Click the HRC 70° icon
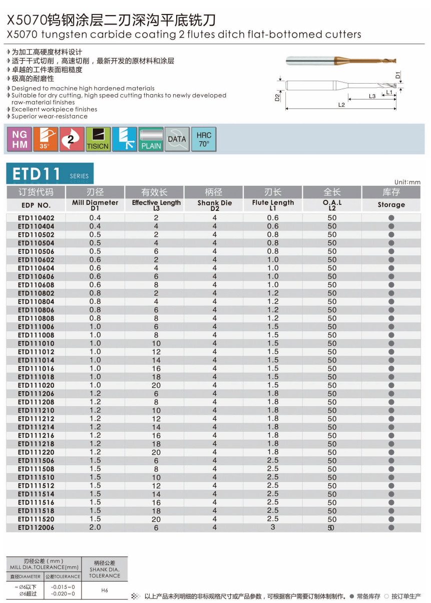204,139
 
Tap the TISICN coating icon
98,139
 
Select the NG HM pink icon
20,139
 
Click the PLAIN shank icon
151,139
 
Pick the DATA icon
177,139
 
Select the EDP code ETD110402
36,218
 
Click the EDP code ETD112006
36,527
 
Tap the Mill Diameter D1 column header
95,205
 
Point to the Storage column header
391,205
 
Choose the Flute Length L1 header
273,205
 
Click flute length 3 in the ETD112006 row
273,527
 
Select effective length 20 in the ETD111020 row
156,385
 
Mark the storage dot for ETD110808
391,318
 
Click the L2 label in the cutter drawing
341,105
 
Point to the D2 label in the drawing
277,97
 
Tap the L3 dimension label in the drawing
372,96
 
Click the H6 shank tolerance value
105,590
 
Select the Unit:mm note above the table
407,182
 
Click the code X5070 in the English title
22,35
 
